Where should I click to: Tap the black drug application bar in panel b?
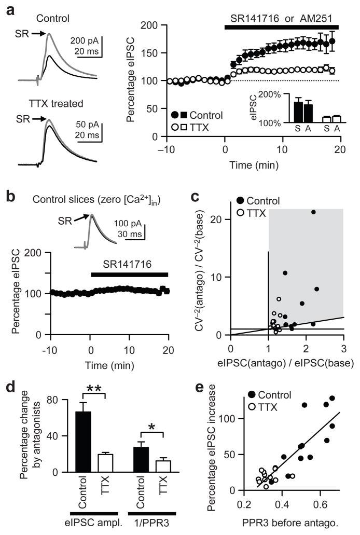tap(130, 275)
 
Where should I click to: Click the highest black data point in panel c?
tap(313, 212)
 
